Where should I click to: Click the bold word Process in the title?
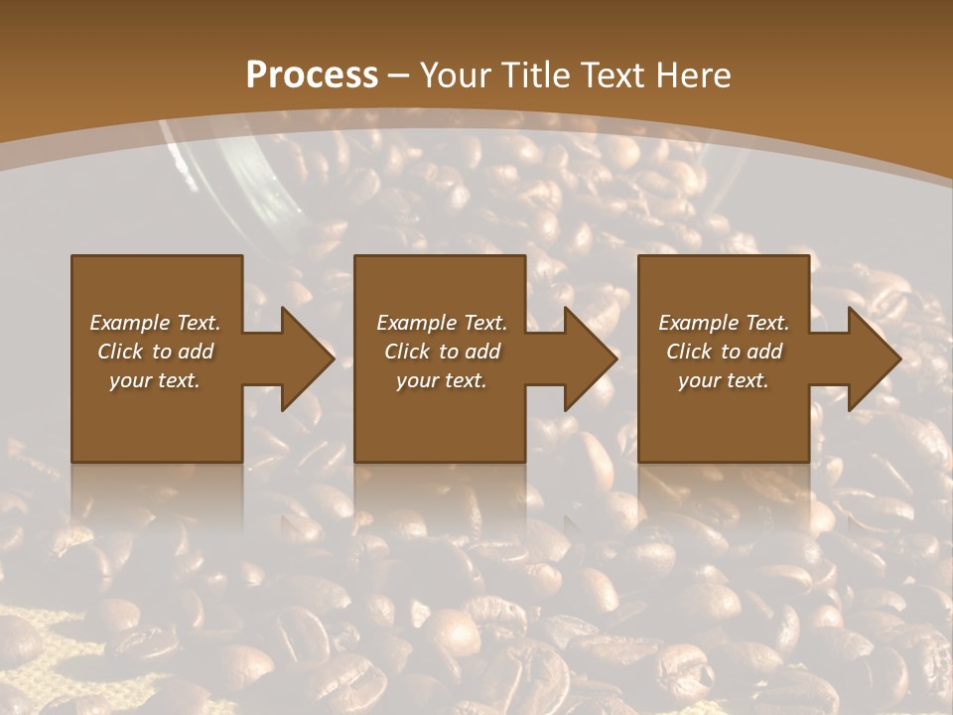312,75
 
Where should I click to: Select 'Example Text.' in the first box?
155,323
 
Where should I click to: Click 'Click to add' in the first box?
155,352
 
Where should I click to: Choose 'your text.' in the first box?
155,380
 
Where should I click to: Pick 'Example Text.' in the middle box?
442,323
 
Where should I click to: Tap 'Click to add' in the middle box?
442,352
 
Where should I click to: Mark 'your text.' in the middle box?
442,380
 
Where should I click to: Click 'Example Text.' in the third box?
724,323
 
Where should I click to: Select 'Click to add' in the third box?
724,352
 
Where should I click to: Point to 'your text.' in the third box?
724,380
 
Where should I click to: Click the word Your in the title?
454,75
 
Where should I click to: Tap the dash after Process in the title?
399,76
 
